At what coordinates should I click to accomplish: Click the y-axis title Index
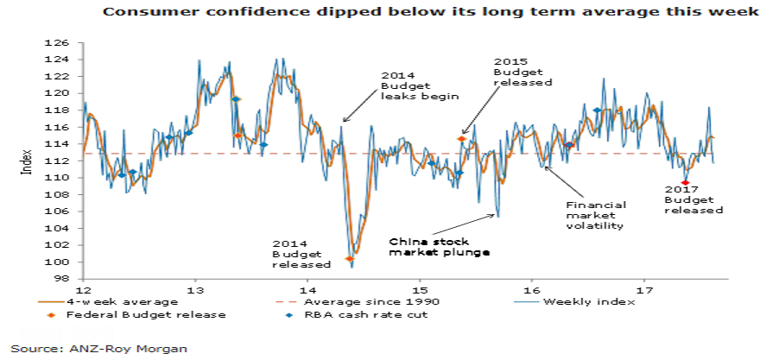[27, 161]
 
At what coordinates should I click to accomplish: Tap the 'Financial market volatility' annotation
[594, 215]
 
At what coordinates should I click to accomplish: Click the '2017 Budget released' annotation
[693, 199]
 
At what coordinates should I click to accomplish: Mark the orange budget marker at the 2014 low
[350, 259]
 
